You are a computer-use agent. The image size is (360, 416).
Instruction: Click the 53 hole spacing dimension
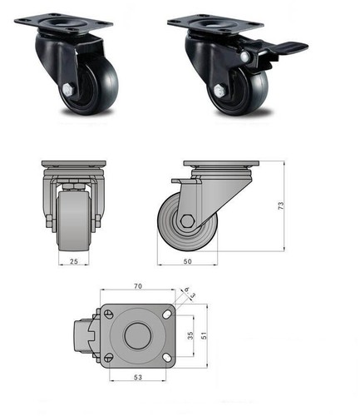[x=136, y=377]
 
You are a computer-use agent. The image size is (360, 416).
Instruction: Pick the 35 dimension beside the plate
[x=190, y=337]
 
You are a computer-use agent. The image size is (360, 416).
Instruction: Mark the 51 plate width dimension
[x=205, y=337]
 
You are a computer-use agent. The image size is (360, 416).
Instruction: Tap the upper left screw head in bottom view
[x=106, y=314]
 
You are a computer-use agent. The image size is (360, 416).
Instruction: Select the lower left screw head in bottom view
[x=106, y=358]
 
